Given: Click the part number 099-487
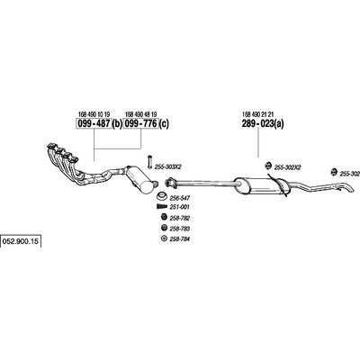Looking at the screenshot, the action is tap(94, 123).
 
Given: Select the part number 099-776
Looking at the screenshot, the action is tap(140, 123).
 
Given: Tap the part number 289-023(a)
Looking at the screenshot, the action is tap(263, 123).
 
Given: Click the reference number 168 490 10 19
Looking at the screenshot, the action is tap(94, 114).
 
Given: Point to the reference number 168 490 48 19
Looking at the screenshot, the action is tap(140, 114).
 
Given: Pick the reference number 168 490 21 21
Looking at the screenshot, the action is tap(258, 114).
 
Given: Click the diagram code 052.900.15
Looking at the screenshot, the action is tap(21, 241).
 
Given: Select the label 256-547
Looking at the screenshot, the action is tap(180, 198).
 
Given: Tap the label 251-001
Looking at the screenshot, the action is tap(180, 207).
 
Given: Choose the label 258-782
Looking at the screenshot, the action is tap(180, 218).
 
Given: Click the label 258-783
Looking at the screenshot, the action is tap(180, 229).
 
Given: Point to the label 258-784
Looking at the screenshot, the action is tap(180, 239).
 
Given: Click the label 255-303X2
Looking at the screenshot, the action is tap(168, 166).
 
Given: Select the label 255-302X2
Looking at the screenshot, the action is tap(288, 168).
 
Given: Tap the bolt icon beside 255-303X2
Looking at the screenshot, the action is tap(149, 162).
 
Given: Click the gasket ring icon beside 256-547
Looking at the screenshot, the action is tap(162, 197).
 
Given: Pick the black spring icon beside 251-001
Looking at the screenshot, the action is tap(162, 206).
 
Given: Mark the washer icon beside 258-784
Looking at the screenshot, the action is tap(164, 238).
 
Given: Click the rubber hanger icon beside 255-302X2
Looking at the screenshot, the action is tap(268, 165).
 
